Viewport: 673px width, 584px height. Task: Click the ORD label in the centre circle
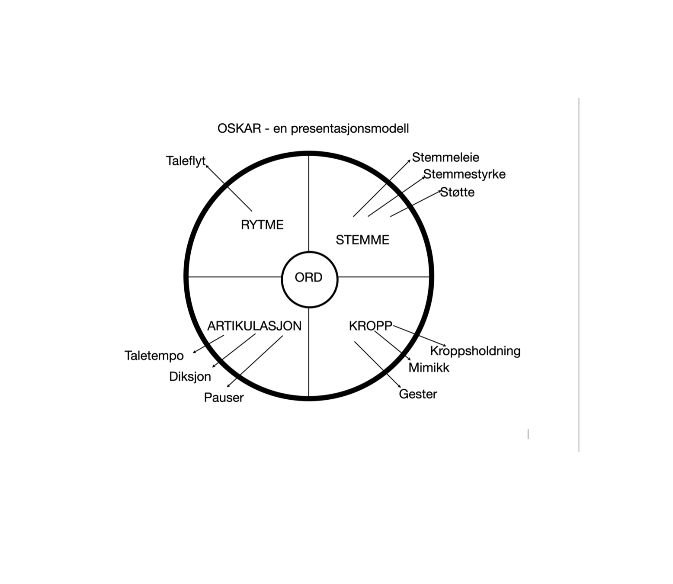(308, 277)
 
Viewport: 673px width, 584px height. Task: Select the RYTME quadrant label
(262, 225)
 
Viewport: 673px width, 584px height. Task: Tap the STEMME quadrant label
(362, 240)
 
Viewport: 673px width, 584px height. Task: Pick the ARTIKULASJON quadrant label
(254, 326)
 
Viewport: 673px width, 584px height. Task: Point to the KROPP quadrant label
(370, 326)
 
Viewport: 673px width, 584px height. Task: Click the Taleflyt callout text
(186, 161)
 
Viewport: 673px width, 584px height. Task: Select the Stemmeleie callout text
(445, 157)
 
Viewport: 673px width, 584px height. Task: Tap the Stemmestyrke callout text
(464, 174)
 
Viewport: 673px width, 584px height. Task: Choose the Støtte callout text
(457, 192)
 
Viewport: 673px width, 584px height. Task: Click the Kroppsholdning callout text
(475, 351)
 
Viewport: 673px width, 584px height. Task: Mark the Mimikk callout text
(429, 368)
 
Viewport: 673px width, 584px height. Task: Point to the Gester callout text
(418, 394)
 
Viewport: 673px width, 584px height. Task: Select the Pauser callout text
(224, 398)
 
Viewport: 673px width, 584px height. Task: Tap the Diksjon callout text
(190, 377)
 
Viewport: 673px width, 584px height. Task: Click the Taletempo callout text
(154, 356)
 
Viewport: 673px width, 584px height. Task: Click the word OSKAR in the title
(239, 128)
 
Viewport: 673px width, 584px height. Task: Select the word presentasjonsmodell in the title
(349, 129)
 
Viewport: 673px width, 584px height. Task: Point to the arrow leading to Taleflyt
(228, 188)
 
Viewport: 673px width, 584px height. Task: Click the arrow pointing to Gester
(378, 365)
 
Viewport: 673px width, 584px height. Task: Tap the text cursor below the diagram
(528, 434)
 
